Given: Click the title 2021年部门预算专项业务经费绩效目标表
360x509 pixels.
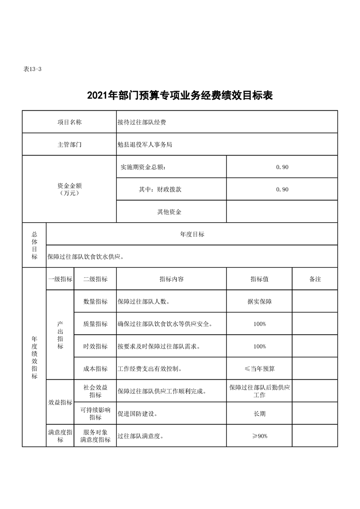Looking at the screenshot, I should (x=180, y=96).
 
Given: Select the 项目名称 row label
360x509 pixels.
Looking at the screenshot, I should (x=69, y=122).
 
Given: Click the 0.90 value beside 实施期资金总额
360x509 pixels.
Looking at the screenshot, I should (x=282, y=167).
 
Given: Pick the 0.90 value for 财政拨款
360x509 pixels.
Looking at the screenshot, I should (x=282, y=189).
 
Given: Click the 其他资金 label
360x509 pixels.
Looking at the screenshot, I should (x=169, y=212).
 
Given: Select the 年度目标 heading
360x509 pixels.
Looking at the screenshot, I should (x=192, y=234).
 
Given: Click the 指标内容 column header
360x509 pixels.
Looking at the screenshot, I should (x=172, y=279).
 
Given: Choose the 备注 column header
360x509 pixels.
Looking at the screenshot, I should (x=315, y=279).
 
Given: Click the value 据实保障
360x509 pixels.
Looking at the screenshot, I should (x=260, y=301).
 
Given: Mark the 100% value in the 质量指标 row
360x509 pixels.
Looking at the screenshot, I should (x=260, y=324).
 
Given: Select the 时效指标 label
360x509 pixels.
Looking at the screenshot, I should (x=95, y=346).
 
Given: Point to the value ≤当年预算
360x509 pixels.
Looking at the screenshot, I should (x=260, y=369).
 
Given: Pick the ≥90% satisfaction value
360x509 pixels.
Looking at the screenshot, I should (x=260, y=436).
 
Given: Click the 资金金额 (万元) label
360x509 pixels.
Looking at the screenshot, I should (x=69, y=189).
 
